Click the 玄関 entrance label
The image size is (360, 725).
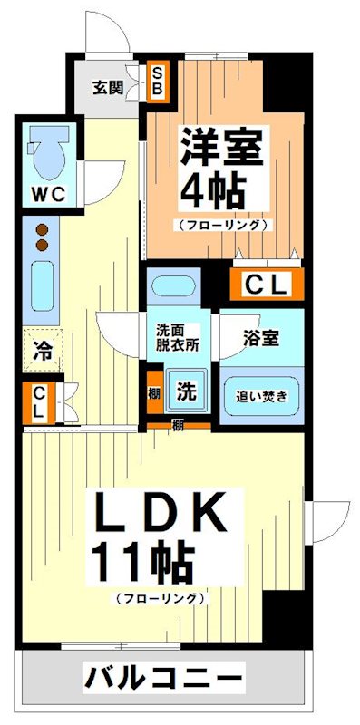[108, 88]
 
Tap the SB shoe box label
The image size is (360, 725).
[157, 80]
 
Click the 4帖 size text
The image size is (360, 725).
[215, 189]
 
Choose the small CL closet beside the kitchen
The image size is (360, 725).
[38, 402]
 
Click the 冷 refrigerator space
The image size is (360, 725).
[42, 348]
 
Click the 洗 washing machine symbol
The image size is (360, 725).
[186, 391]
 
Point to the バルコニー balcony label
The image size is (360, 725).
[165, 676]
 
